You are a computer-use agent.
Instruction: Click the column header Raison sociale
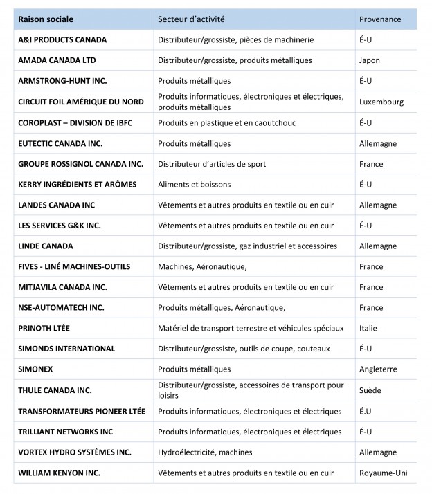click(x=46, y=19)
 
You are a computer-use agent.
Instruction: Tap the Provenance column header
click(x=380, y=19)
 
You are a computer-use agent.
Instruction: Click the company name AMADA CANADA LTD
click(x=57, y=60)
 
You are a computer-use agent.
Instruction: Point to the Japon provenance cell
click(x=370, y=60)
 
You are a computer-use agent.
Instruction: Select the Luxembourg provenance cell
click(x=381, y=102)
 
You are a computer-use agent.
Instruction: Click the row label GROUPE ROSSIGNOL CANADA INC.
click(x=80, y=164)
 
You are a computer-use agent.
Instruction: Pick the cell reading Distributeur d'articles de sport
click(x=212, y=164)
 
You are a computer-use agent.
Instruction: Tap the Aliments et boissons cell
click(x=195, y=185)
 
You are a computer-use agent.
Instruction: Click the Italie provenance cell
click(x=368, y=329)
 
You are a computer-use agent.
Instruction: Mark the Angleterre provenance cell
click(x=378, y=369)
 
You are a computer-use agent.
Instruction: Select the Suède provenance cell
click(x=370, y=390)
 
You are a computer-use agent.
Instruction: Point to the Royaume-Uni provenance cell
click(x=383, y=473)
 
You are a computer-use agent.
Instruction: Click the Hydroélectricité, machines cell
click(x=205, y=452)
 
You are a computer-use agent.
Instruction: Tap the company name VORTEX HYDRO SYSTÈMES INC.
click(x=75, y=452)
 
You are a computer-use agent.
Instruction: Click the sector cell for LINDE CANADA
click(x=247, y=246)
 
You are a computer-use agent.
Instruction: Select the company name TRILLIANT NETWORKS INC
click(x=66, y=432)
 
